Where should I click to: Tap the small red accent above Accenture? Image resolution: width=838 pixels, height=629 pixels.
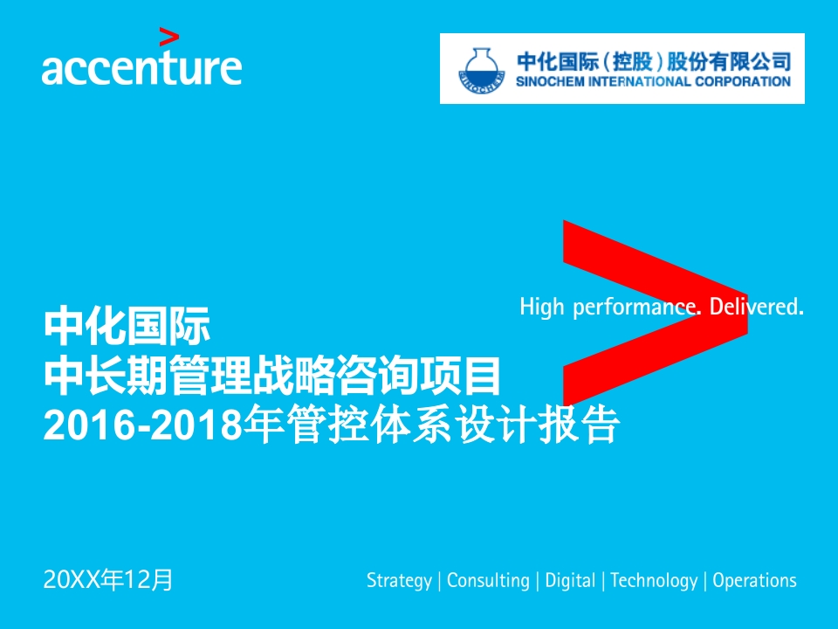click(x=168, y=38)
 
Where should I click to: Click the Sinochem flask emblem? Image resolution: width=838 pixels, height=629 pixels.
click(x=482, y=70)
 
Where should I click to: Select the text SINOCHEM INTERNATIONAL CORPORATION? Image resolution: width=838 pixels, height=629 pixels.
click(x=653, y=82)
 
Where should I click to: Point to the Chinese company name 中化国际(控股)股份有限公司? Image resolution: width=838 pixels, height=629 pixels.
click(x=654, y=61)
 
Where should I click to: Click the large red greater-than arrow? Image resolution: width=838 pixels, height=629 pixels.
click(x=655, y=313)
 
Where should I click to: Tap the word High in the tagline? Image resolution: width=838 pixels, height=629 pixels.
click(x=542, y=307)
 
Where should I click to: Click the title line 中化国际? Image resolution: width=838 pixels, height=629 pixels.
click(x=127, y=325)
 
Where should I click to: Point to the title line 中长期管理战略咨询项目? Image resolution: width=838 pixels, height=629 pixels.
click(x=272, y=376)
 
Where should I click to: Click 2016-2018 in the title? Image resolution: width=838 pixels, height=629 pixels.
click(x=143, y=426)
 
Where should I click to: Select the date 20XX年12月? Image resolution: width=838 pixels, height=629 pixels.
click(x=108, y=580)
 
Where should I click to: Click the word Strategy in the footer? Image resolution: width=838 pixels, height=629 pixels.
click(x=399, y=581)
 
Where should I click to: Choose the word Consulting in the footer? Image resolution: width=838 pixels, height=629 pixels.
click(x=488, y=581)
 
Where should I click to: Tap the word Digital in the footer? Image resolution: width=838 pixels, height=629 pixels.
click(x=570, y=581)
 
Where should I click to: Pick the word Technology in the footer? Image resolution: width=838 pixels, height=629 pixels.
click(x=654, y=581)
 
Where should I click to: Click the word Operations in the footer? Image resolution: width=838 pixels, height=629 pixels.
click(x=754, y=580)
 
